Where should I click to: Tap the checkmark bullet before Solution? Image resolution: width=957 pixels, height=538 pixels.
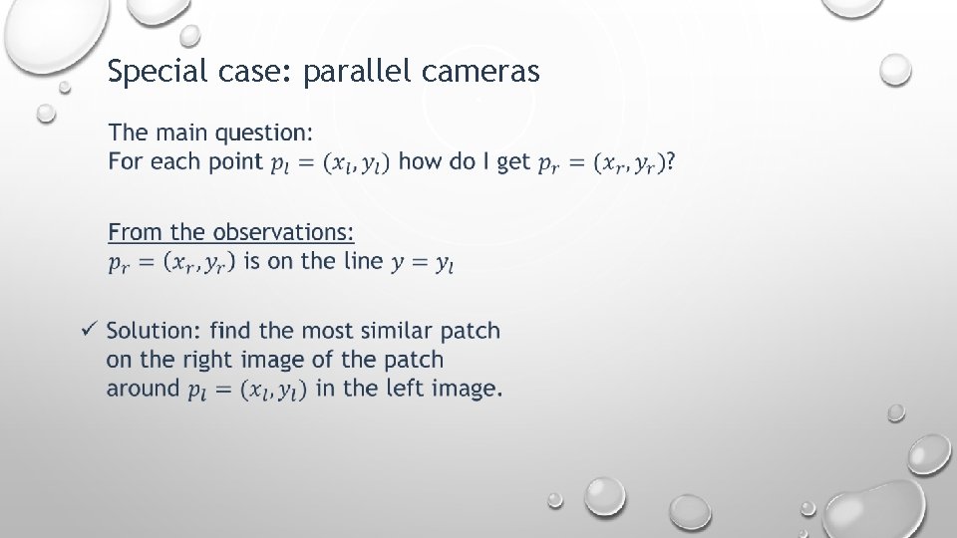[x=89, y=329]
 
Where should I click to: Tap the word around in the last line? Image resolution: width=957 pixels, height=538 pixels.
[x=143, y=389]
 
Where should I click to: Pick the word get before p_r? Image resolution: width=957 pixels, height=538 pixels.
[x=512, y=162]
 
